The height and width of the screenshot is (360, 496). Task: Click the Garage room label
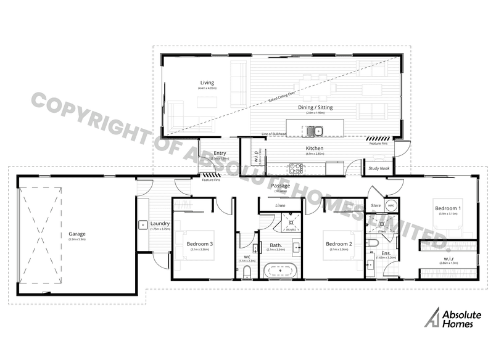click(x=76, y=234)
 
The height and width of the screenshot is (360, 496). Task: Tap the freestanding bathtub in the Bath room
click(x=281, y=271)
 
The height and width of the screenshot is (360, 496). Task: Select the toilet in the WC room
click(x=247, y=272)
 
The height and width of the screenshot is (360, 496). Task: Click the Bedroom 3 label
click(x=200, y=244)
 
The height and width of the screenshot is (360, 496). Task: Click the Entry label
click(x=220, y=153)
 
